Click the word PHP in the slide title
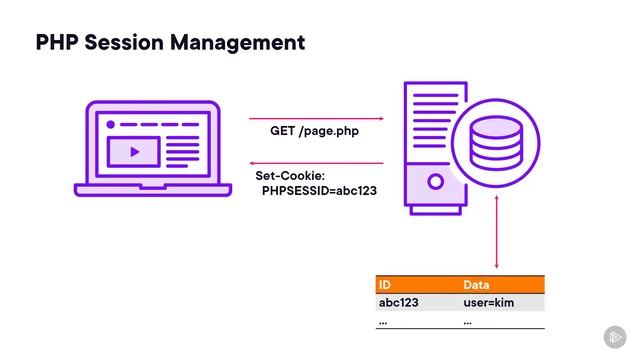[58, 43]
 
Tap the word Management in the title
[242, 43]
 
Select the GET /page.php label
[315, 131]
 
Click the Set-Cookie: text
[289, 176]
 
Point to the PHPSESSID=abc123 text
[319, 190]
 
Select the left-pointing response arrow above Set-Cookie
[316, 163]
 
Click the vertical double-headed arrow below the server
[496, 240]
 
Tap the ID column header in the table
[385, 285]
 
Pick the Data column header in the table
[477, 285]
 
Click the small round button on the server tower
[435, 183]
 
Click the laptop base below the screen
[147, 189]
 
